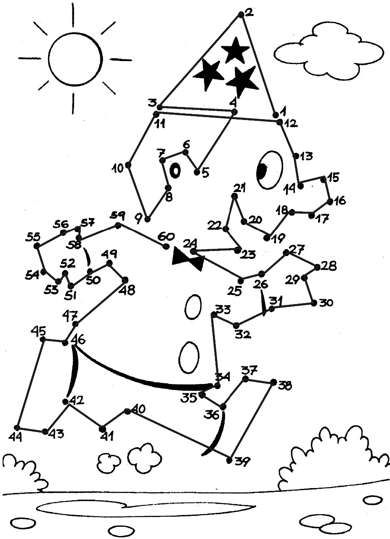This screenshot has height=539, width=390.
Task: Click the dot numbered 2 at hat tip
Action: tap(241, 14)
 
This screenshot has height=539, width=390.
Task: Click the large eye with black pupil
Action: tap(269, 170)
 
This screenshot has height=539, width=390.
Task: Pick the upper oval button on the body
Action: tap(194, 308)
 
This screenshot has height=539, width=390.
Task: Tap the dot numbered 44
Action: tap(17, 427)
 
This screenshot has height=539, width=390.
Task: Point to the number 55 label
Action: tap(32, 237)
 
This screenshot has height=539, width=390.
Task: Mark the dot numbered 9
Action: tap(148, 219)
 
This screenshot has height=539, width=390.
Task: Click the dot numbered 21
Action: tap(234, 196)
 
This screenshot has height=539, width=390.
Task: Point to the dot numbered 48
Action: tap(125, 280)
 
